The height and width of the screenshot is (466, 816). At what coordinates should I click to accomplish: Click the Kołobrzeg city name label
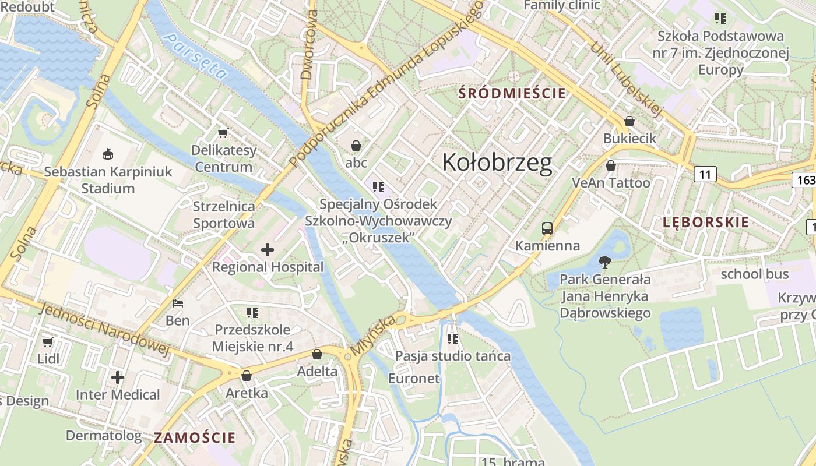click(x=497, y=163)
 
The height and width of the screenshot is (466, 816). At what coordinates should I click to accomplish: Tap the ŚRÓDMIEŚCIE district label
click(x=512, y=93)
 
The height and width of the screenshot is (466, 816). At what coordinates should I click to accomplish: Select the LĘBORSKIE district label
click(x=705, y=222)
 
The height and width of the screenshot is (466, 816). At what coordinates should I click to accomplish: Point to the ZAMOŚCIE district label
click(x=195, y=437)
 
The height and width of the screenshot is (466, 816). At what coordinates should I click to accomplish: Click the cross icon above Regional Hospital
click(x=268, y=250)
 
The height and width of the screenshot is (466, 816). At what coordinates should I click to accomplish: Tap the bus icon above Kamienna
click(x=547, y=228)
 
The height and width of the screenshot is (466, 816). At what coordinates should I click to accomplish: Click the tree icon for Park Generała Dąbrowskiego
click(x=605, y=262)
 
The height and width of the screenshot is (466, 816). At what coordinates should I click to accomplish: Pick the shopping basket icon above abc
click(x=356, y=146)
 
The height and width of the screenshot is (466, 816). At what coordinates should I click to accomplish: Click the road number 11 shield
click(x=705, y=174)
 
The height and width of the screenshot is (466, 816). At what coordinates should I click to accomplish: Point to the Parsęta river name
click(x=195, y=56)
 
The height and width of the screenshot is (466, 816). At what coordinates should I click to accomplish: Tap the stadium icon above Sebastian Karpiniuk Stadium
click(x=108, y=154)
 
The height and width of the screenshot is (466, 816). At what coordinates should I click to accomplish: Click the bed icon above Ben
click(x=178, y=303)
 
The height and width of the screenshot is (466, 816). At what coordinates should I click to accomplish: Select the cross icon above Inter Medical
click(x=118, y=377)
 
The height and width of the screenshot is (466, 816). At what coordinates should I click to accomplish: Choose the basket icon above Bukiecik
click(x=629, y=121)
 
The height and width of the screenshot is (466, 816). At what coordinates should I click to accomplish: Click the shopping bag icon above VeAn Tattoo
click(x=611, y=165)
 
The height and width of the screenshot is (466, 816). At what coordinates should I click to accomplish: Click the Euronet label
click(x=414, y=378)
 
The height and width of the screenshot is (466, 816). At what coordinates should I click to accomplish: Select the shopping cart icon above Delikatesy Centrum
click(x=223, y=133)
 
